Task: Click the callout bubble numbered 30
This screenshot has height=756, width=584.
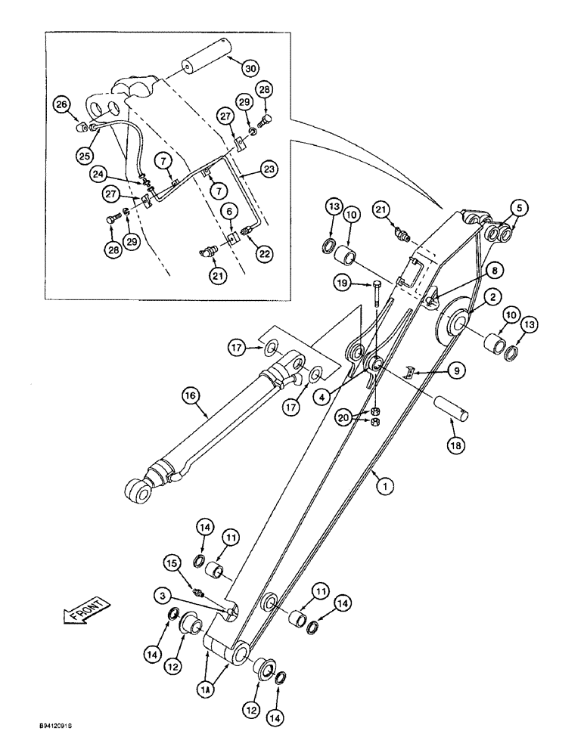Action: (250, 67)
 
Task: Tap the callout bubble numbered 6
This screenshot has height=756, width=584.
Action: (224, 215)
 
